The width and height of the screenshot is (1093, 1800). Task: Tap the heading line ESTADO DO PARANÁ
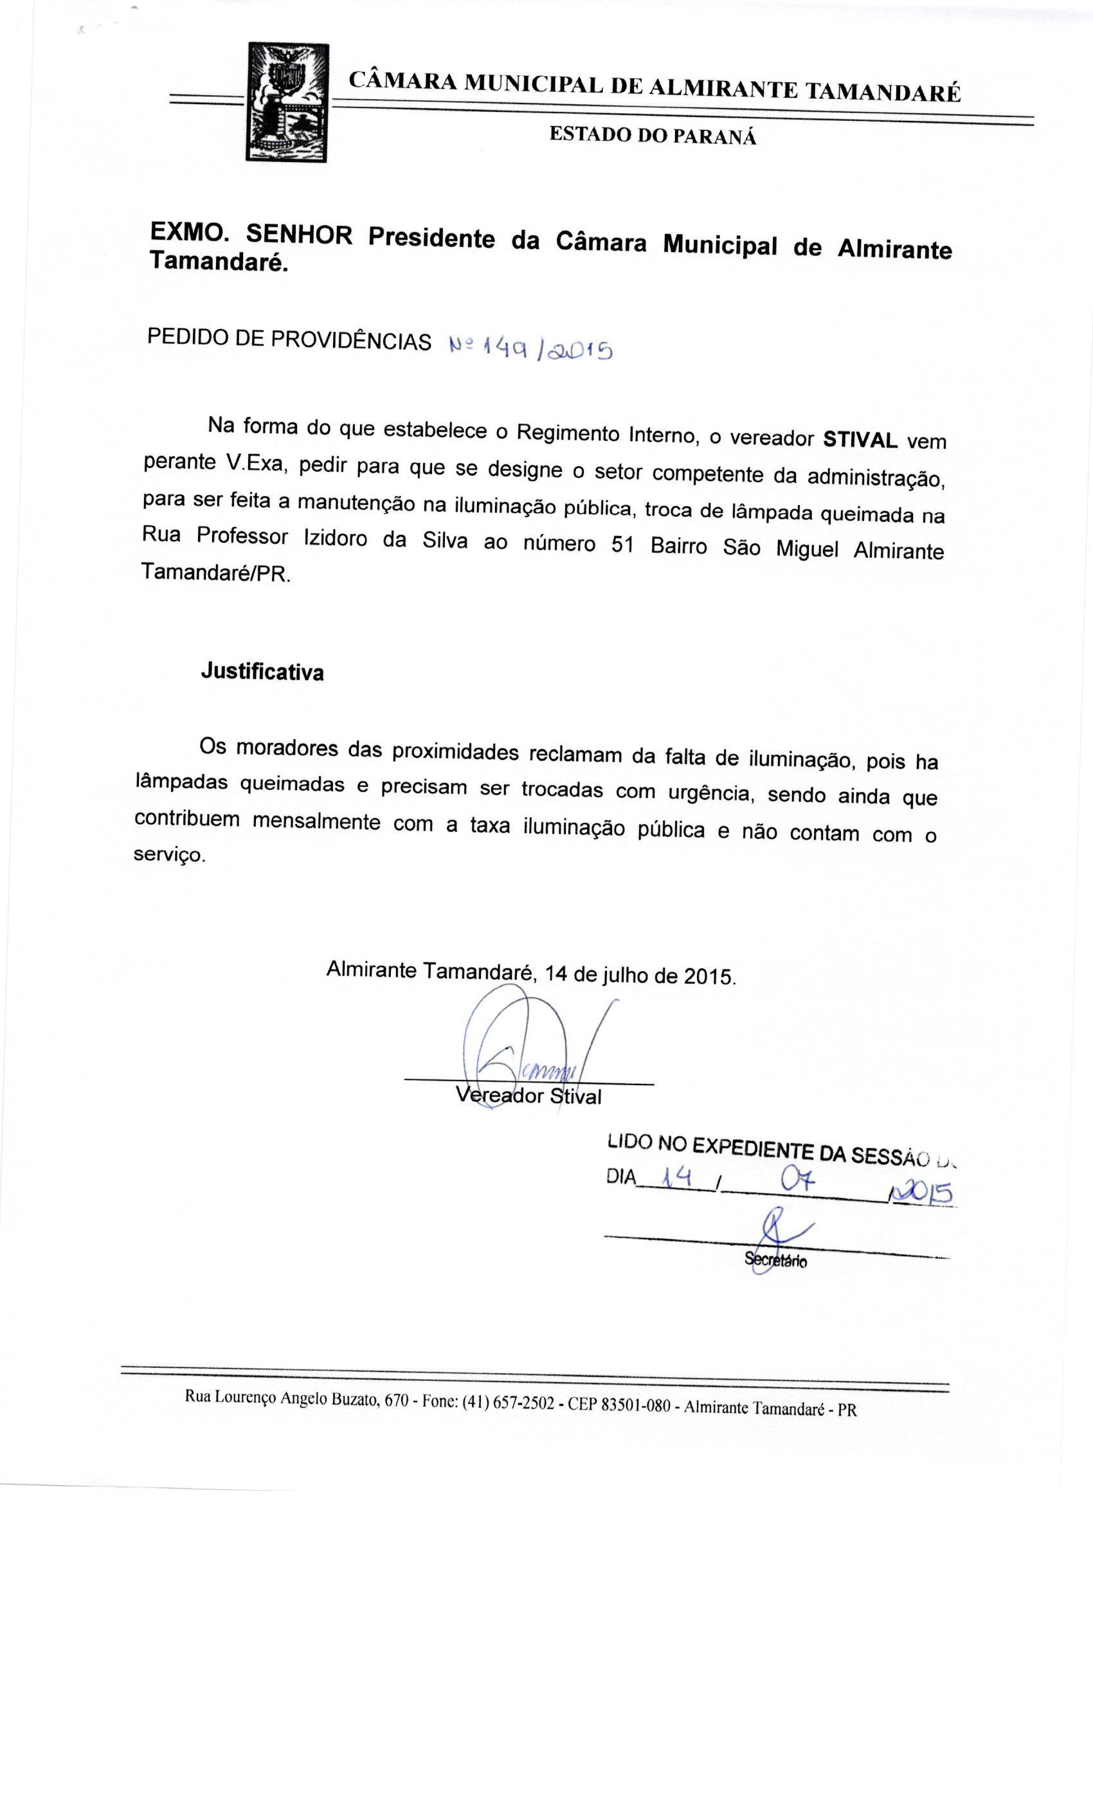click(x=653, y=136)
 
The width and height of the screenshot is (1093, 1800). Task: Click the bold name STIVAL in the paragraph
click(x=860, y=440)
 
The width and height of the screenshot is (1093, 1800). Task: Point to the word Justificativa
click(x=262, y=671)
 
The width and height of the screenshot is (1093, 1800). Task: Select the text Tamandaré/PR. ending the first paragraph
click(x=215, y=573)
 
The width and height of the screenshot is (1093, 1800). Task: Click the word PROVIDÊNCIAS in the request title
click(x=350, y=341)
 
